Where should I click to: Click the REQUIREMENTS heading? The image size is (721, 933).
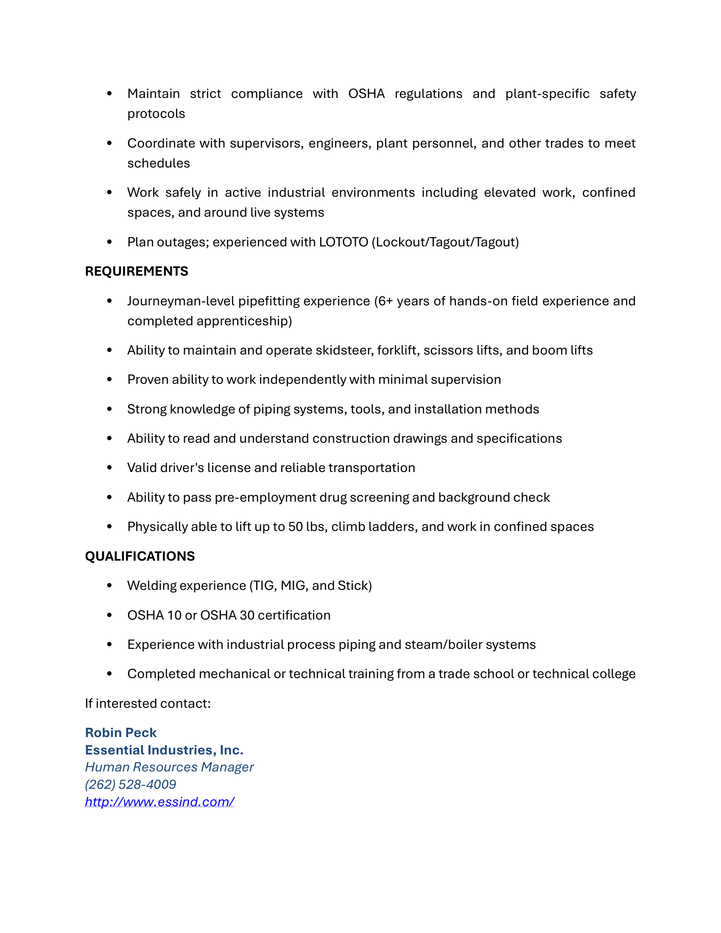(x=136, y=271)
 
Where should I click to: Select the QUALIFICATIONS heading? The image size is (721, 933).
(x=140, y=556)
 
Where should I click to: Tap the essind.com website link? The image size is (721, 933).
(x=159, y=802)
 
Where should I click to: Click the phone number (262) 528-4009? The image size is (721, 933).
(x=130, y=784)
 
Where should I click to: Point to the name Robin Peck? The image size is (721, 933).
(x=121, y=733)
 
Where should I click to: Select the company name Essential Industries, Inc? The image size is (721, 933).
(x=164, y=750)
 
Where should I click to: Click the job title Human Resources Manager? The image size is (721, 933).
(x=169, y=767)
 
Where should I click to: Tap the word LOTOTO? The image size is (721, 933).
(x=344, y=242)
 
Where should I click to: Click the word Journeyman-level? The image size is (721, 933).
(x=181, y=301)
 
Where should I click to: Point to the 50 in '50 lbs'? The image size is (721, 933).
(x=296, y=527)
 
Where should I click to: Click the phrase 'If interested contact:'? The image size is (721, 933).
(x=148, y=704)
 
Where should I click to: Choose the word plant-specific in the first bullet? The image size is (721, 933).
(x=547, y=94)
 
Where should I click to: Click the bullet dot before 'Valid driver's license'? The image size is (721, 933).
(x=109, y=468)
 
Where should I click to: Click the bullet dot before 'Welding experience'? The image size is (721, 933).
(x=109, y=586)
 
